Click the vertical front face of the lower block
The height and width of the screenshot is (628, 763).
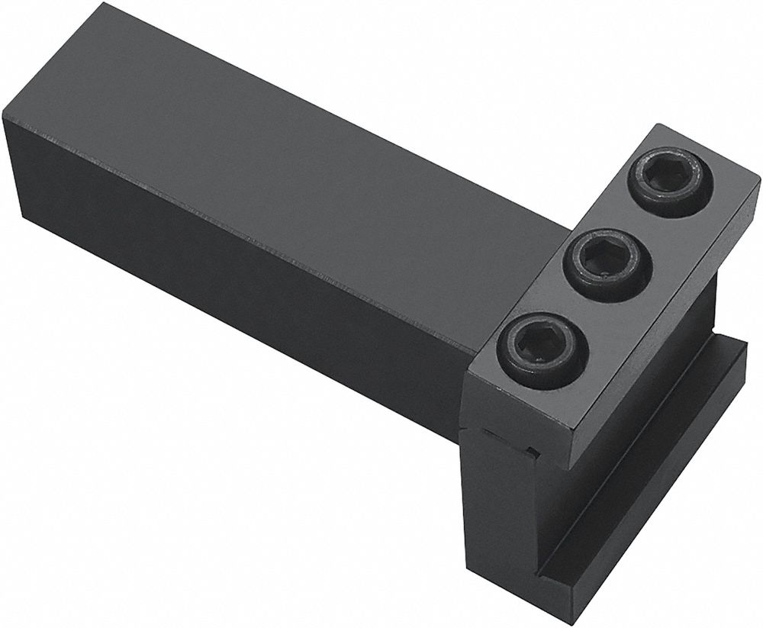tap(504, 534)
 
